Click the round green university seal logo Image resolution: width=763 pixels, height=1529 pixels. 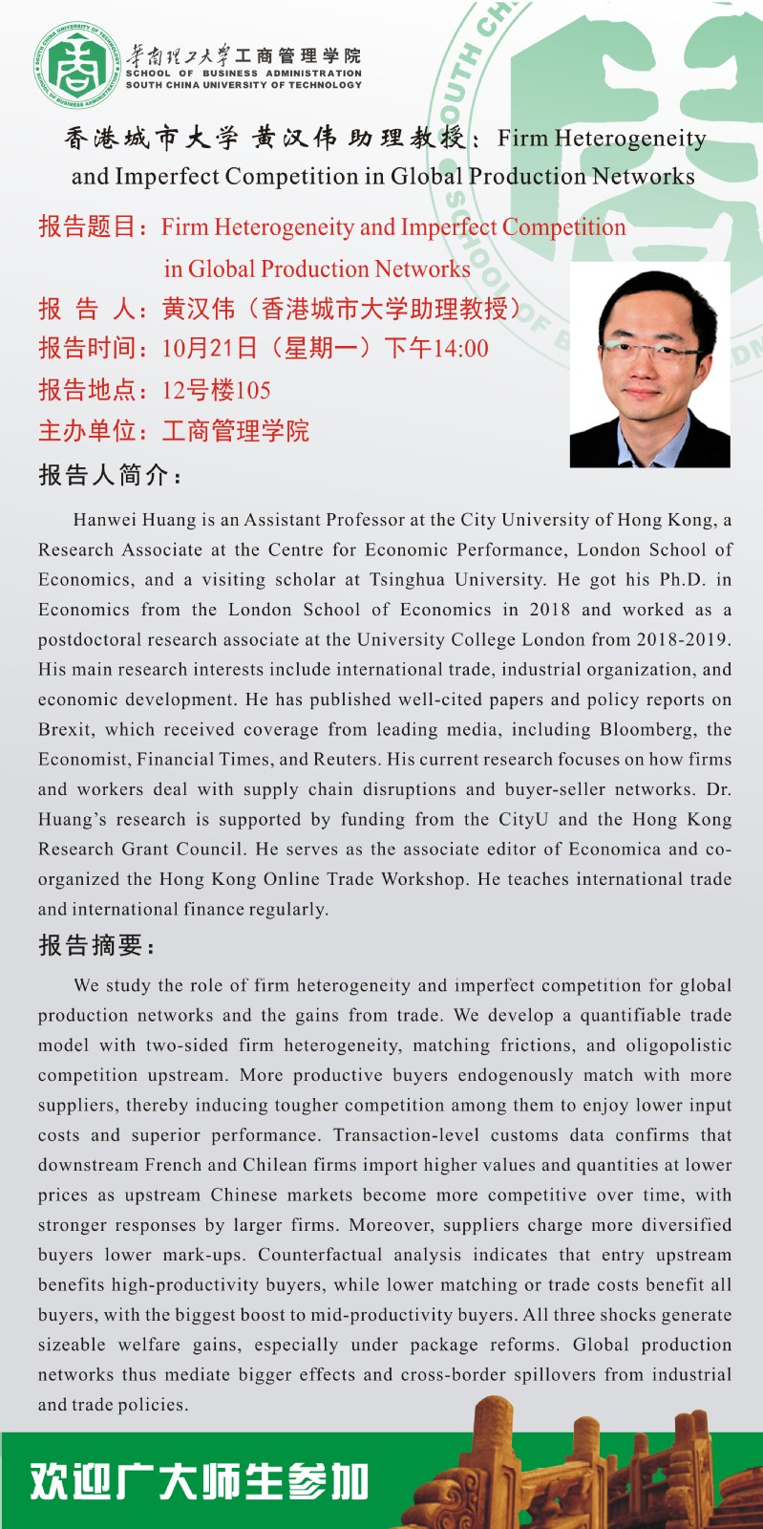77,66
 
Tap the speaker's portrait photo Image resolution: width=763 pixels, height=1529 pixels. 649,365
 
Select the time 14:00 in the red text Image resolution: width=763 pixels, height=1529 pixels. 461,349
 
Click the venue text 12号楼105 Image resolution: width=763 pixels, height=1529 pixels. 216,390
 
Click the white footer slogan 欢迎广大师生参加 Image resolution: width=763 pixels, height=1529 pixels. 199,1481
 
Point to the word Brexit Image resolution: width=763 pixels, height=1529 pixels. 66,729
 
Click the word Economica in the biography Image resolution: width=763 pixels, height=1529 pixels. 615,849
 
